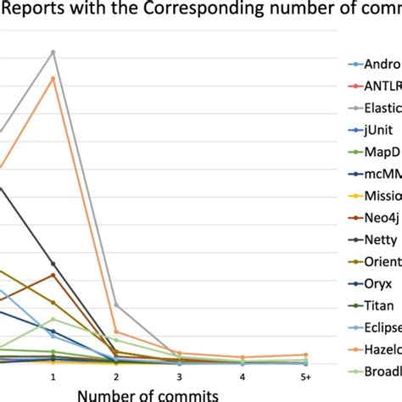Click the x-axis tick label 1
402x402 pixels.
pyautogui.click(x=53, y=376)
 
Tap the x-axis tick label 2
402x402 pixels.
pyautogui.click(x=116, y=376)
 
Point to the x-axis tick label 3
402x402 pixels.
pyautogui.click(x=179, y=376)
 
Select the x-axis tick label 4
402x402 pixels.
pyautogui.click(x=242, y=376)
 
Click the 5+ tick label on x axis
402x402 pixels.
pyautogui.click(x=305, y=376)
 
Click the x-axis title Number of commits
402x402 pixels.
pyautogui.click(x=148, y=394)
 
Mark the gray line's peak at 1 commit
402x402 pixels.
pyautogui.click(x=53, y=52)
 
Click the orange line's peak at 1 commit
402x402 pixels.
pyautogui.click(x=53, y=78)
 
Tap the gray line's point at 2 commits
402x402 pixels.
pyautogui.click(x=116, y=304)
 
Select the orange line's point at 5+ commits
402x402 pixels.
pyautogui.click(x=305, y=355)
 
